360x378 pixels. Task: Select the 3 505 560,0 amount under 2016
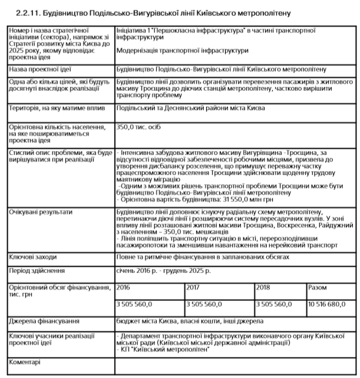[135, 304]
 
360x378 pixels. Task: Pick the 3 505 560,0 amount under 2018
[274, 304]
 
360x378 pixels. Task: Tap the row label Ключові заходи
[33, 258]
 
